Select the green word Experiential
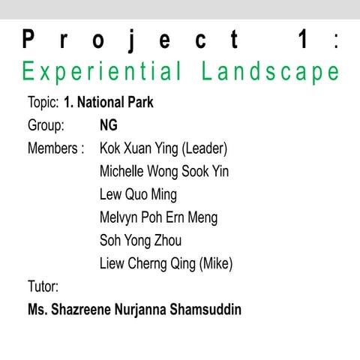tap(102, 73)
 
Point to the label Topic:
tap(43, 102)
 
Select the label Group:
tap(46, 125)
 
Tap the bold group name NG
tap(109, 125)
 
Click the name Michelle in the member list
tap(123, 172)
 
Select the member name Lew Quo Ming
tap(138, 195)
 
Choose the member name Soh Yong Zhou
tap(140, 241)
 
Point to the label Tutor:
tap(43, 286)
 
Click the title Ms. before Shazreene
tap(37, 309)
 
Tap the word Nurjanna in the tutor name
tap(140, 309)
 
